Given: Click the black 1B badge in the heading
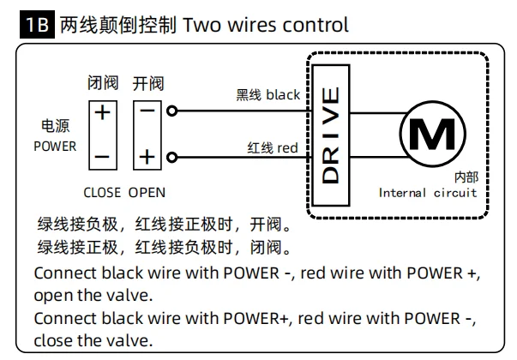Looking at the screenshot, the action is [37, 24].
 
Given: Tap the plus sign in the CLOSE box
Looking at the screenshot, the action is [103, 112].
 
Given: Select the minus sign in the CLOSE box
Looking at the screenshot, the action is [102, 157].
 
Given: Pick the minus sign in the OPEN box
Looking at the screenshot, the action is [147, 111].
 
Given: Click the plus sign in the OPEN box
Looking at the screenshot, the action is [147, 157].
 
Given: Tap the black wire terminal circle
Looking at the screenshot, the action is [171, 111].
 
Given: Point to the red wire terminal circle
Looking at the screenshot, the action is [171, 157].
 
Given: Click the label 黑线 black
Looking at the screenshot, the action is [268, 95].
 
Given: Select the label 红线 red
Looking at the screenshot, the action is [273, 147].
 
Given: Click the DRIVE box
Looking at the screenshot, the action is [331, 135].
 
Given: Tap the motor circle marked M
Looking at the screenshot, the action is [433, 134].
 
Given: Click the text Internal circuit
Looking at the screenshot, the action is [428, 193].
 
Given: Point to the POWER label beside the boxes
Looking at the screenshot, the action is [55, 146].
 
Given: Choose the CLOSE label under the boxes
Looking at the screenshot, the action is [102, 193].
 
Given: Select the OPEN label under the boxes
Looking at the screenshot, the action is [147, 193].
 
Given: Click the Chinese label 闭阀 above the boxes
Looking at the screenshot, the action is [103, 82].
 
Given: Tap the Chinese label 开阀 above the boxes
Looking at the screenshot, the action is [148, 83].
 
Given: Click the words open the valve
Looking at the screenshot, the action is [93, 295].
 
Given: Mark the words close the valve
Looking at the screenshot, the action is [93, 340].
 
